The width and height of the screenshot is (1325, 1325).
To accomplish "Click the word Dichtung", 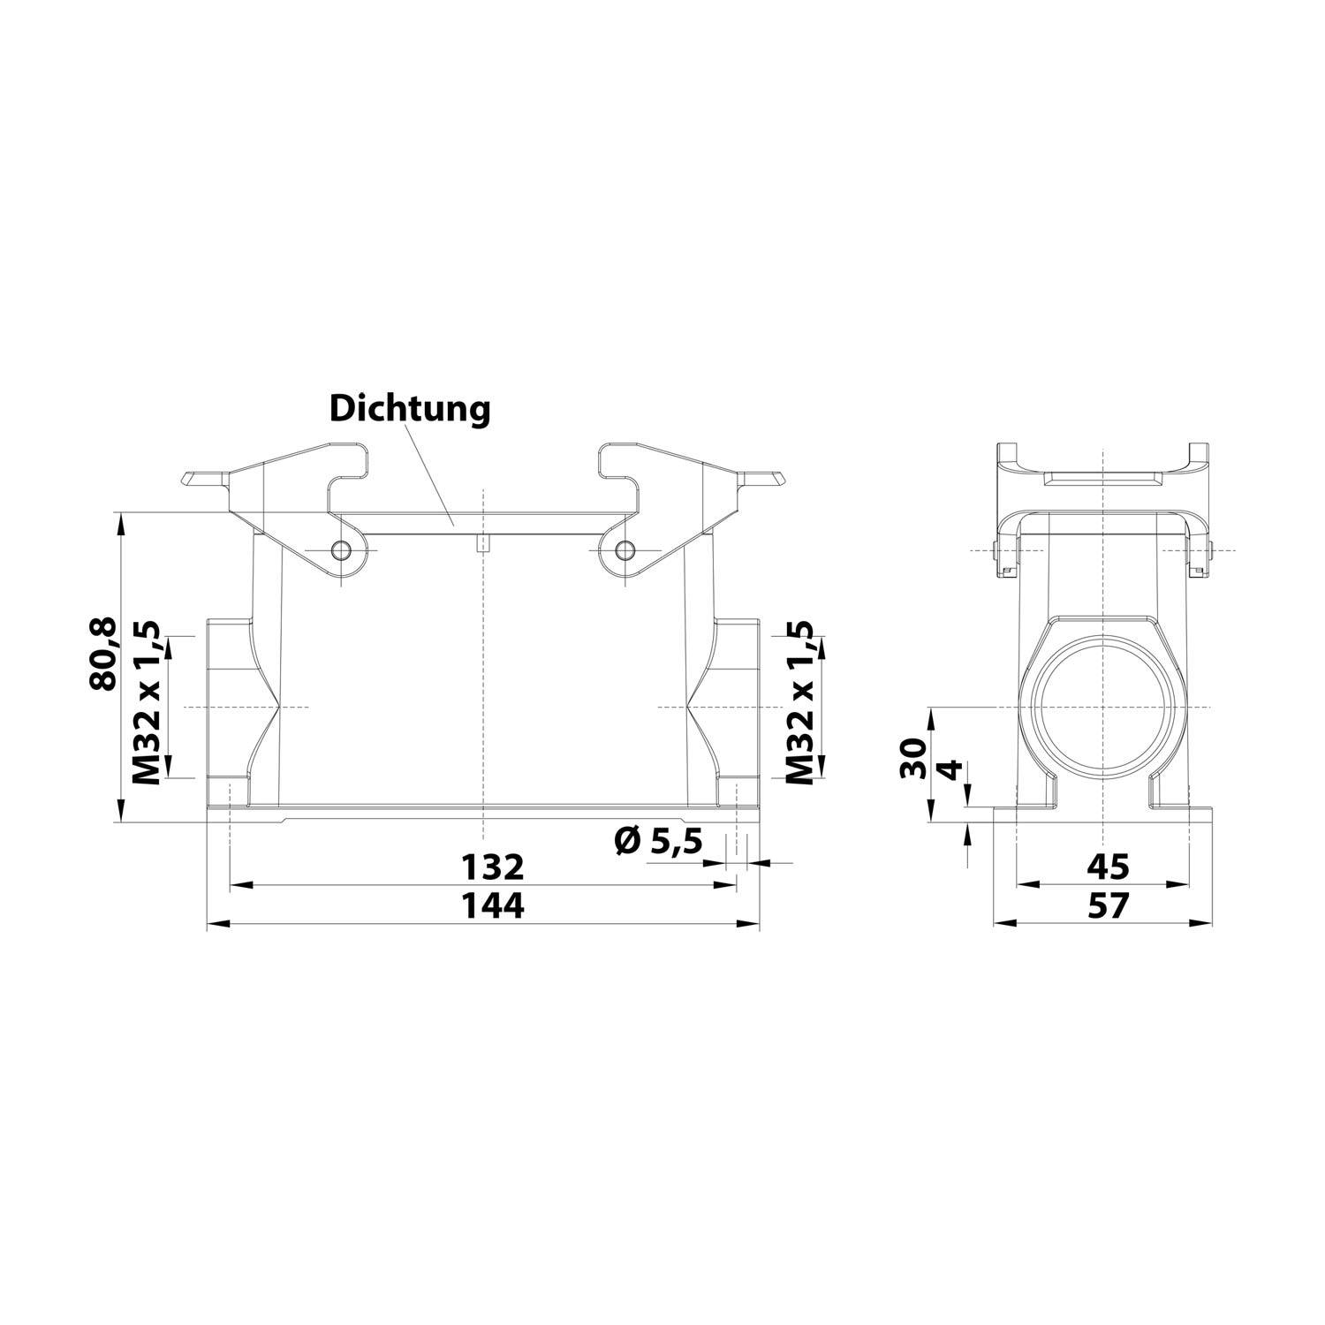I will coord(410,408).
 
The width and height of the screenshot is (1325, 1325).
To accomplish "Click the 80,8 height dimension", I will coord(103,654).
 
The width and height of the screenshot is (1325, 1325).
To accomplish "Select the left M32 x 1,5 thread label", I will coord(146,703).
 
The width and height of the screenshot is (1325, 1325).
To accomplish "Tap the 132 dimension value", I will coord(495,867).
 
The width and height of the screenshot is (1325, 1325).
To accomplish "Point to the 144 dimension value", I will coord(495,905).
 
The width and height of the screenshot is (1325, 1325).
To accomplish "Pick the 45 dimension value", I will coord(1106,867).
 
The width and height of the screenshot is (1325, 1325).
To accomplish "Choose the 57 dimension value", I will coord(1106,905).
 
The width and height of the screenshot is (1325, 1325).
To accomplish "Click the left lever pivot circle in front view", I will coord(341,551).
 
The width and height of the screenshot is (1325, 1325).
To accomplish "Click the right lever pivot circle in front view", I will coord(625,551).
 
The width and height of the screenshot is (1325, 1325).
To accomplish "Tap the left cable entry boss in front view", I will coord(228,707).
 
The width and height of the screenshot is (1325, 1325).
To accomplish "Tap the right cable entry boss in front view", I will coord(737,707).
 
